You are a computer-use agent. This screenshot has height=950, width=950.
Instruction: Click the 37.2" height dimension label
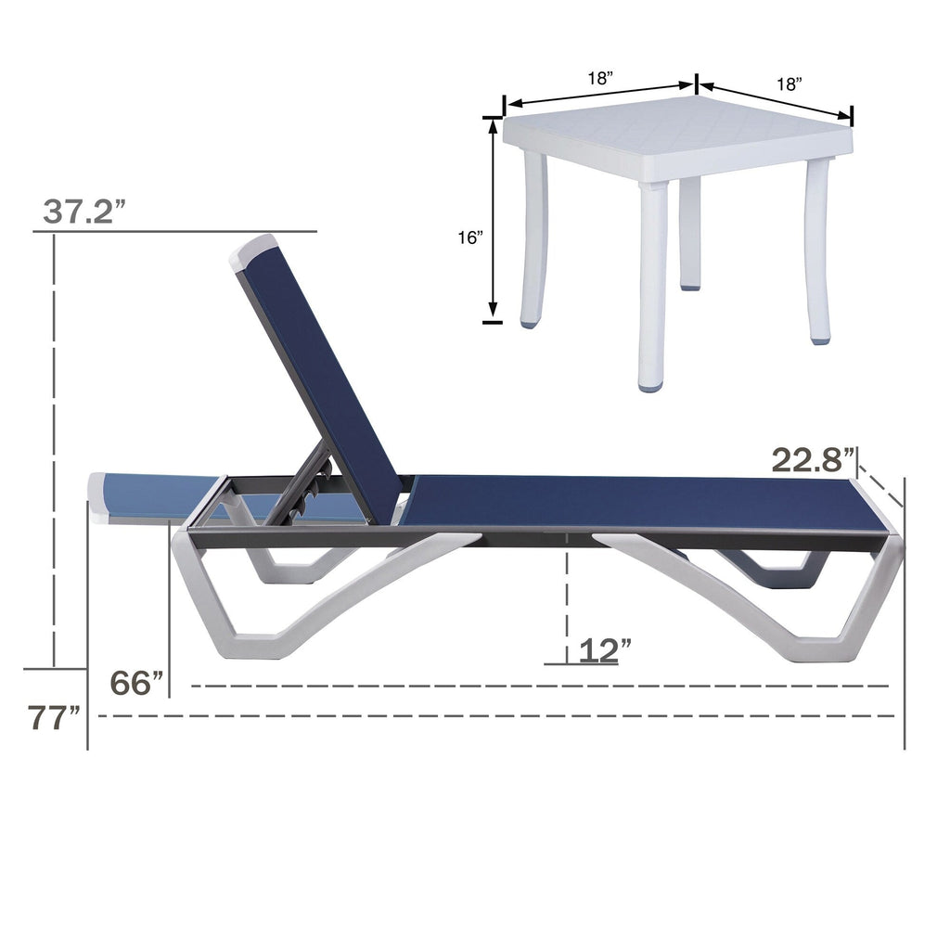84,212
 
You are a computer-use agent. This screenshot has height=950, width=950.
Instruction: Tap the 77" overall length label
54,718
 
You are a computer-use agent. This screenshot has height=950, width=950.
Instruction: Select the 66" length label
136,683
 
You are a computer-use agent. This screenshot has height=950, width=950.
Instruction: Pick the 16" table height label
470,237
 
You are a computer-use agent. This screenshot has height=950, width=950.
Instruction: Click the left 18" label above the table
600,79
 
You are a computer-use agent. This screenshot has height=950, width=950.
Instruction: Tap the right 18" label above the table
789,84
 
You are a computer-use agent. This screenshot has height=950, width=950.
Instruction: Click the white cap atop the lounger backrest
254,251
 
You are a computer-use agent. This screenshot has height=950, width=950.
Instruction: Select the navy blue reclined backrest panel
320,380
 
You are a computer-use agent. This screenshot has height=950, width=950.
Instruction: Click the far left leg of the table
534,241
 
